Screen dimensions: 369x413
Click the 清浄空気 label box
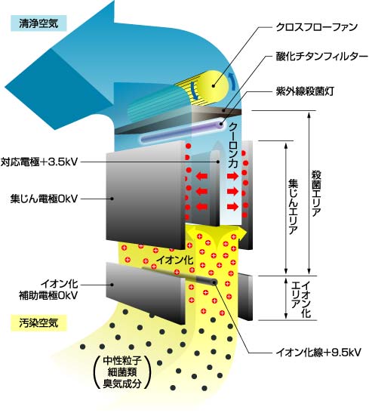(x=38, y=23)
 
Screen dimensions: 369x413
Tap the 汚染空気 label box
(x=38, y=322)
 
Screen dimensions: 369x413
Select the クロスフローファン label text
(x=317, y=27)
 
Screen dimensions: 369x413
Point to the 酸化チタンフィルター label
(x=322, y=57)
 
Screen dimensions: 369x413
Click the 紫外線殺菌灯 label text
(x=305, y=91)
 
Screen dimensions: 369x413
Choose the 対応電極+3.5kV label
(x=39, y=162)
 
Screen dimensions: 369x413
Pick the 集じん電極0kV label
(x=45, y=199)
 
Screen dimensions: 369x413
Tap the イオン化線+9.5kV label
(x=318, y=352)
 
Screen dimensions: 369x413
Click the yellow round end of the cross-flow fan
(x=214, y=85)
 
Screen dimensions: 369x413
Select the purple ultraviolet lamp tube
(x=183, y=131)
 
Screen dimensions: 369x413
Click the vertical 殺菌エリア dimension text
(x=316, y=193)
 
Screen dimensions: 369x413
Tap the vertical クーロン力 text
(x=233, y=146)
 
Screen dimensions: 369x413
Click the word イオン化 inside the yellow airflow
(x=175, y=260)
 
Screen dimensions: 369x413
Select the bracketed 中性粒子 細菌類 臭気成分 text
(x=122, y=372)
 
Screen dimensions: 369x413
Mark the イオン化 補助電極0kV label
(x=48, y=289)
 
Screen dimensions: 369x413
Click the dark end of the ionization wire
(x=214, y=282)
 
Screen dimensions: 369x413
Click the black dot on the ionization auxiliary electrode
(x=112, y=285)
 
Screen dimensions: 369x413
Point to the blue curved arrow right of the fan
(x=232, y=82)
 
